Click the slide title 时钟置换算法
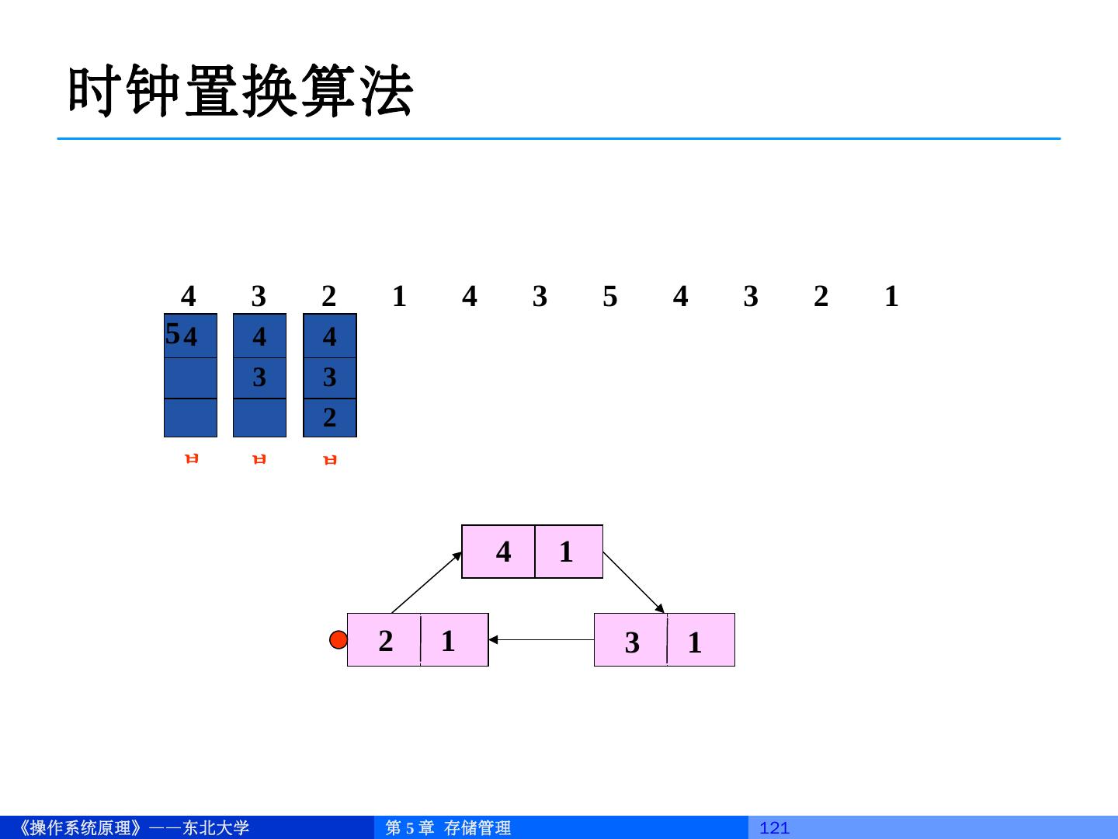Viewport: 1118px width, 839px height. [x=241, y=92]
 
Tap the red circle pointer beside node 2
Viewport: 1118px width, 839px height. [x=339, y=640]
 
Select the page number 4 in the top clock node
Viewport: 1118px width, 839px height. [x=503, y=552]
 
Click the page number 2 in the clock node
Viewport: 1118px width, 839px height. [x=385, y=641]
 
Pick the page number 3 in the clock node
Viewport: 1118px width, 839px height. [x=632, y=642]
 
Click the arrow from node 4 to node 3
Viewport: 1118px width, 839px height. [x=634, y=582]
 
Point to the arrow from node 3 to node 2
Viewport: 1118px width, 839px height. [x=541, y=640]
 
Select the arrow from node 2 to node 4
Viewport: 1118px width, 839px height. [x=427, y=582]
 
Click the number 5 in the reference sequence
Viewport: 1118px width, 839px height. [x=609, y=296]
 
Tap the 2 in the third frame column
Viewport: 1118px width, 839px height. [x=329, y=418]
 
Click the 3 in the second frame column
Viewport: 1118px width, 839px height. [x=259, y=378]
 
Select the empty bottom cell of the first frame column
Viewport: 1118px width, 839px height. [x=190, y=418]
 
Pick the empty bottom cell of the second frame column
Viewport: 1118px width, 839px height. [x=259, y=418]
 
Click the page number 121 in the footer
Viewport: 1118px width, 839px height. [x=774, y=828]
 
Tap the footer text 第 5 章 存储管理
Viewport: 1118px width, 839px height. [x=448, y=828]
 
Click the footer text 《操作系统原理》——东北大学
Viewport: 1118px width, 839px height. [x=132, y=828]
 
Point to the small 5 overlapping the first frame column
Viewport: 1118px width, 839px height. [x=172, y=334]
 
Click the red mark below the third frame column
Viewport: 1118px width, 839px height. [x=330, y=459]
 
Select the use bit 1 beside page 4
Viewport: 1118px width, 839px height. [x=566, y=552]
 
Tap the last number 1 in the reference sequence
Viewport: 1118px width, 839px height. [x=891, y=296]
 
